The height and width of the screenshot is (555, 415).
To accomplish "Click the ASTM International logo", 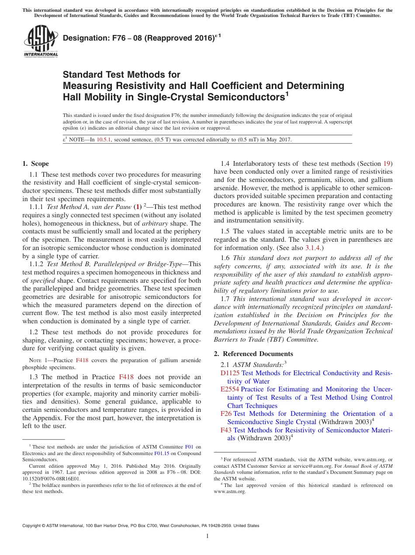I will (x=41, y=42).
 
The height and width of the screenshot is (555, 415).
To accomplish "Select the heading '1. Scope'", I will (x=35, y=164).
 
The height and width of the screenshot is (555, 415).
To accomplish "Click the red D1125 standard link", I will (x=230, y=373).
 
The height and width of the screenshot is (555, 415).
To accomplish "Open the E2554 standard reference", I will (x=230, y=389).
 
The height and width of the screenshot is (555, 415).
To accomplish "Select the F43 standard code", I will (x=226, y=430).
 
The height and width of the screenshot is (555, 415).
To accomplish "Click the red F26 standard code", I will (x=226, y=414).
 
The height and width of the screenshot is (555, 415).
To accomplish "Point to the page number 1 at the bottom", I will (x=207, y=536).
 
